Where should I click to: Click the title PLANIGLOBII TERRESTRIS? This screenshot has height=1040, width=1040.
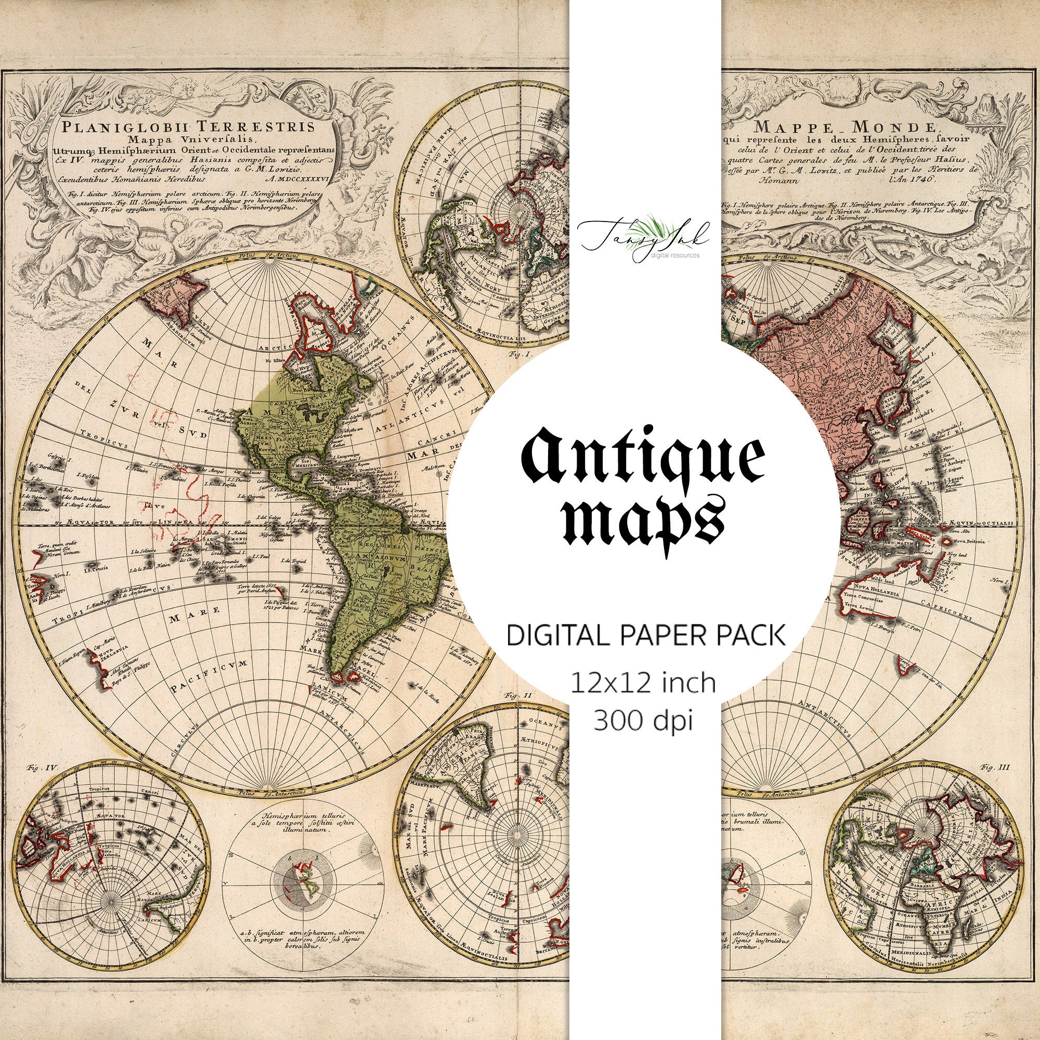188,127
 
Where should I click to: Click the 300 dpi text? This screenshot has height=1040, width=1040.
643,720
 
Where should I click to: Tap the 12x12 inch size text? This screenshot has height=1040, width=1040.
643,682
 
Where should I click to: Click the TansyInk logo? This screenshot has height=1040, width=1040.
643,235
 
